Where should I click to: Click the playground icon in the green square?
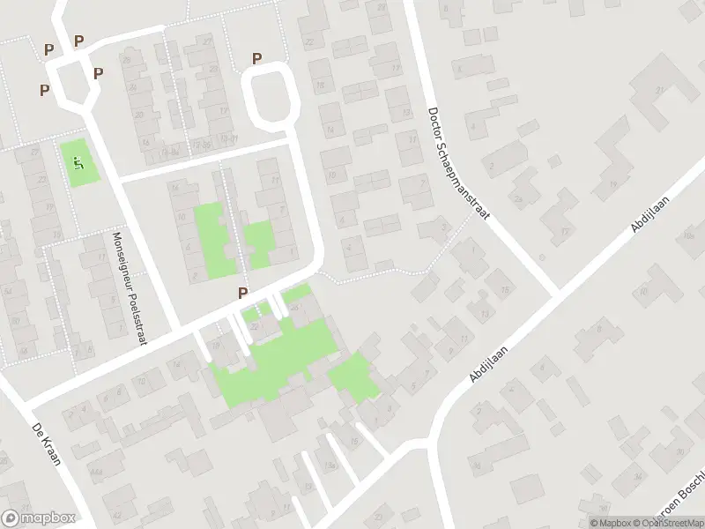pyautogui.click(x=79, y=162)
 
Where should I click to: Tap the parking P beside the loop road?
pyautogui.click(x=257, y=59)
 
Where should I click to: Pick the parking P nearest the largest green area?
pyautogui.click(x=242, y=294)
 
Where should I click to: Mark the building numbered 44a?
pyautogui.click(x=94, y=447)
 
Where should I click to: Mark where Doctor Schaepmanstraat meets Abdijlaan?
pyautogui.click(x=555, y=294)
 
